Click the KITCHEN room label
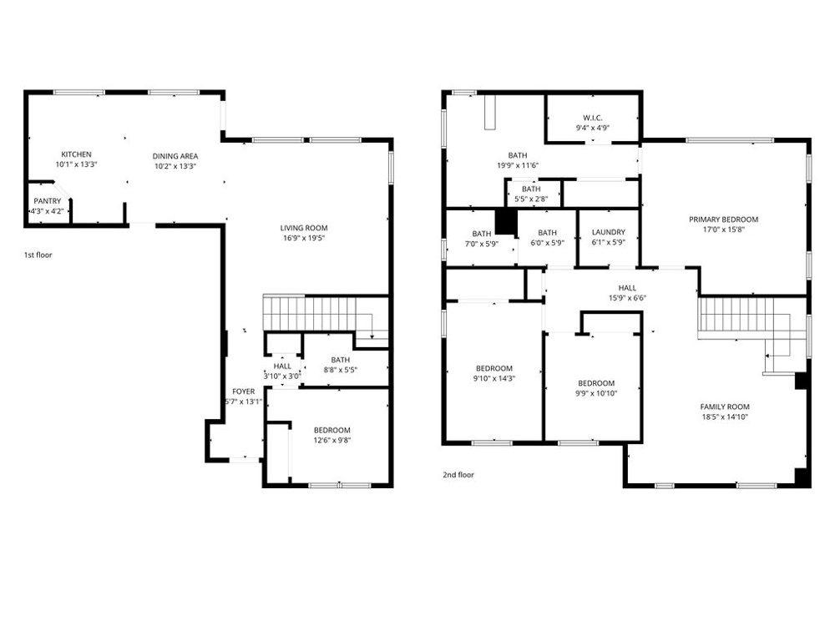76,154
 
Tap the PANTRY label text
48,201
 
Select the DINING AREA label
175,156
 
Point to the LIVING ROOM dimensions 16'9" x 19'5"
304,238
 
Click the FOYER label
243,391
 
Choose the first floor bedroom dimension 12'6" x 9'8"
331,440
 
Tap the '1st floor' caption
38,255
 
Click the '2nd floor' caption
458,475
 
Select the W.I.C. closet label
593,118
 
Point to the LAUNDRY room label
609,232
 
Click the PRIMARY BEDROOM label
724,220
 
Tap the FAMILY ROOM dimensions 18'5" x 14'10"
725,416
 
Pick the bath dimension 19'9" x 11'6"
518,165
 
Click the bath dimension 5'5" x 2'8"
531,199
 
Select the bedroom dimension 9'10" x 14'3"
494,378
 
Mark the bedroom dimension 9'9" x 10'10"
596,393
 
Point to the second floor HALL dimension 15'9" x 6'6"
627,298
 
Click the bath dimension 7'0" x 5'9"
482,244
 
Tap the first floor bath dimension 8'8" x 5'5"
341,370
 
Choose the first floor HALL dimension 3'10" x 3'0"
282,376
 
